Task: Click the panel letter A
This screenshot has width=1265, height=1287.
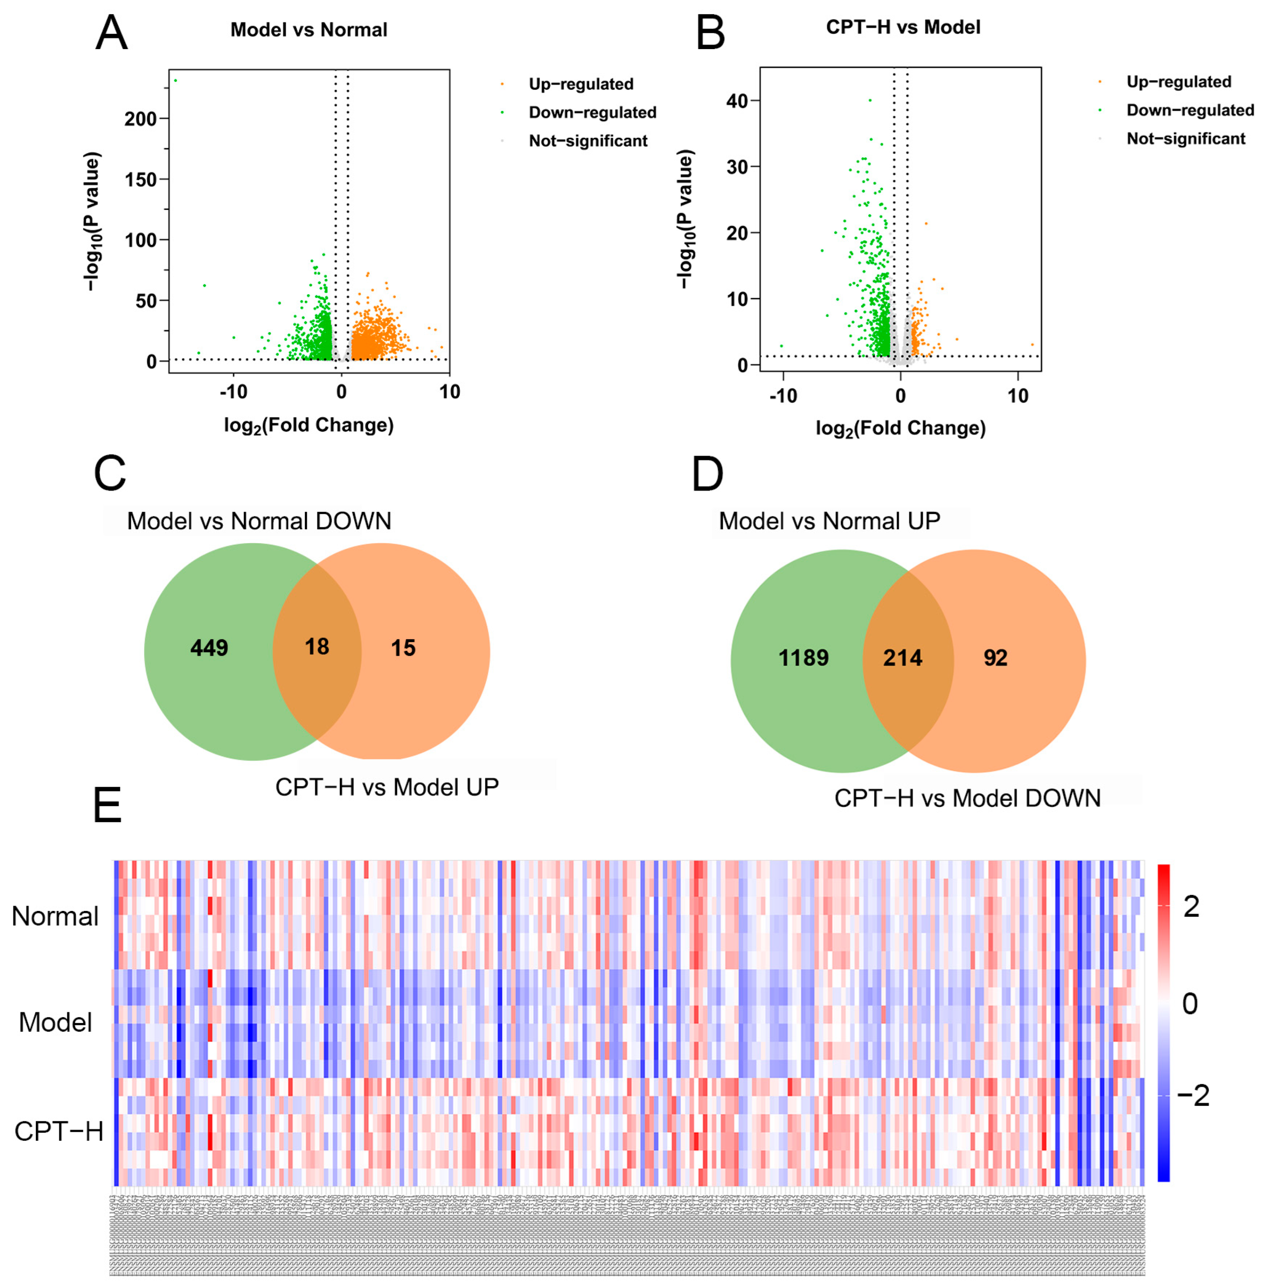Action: coord(111,33)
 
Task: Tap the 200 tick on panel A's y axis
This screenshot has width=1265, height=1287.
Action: coord(140,119)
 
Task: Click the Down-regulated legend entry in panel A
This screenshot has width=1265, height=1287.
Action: coord(592,112)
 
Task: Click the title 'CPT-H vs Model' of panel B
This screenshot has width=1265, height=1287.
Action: coord(903,27)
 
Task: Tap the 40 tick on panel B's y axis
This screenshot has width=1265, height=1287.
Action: coord(737,101)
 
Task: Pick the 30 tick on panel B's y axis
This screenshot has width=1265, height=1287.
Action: coord(737,167)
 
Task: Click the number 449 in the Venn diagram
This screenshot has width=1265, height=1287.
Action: coord(209,647)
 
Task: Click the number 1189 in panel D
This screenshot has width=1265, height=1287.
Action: coord(803,658)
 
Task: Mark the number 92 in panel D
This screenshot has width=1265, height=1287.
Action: coord(995,658)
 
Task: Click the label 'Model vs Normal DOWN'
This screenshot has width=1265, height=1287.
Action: coord(259,521)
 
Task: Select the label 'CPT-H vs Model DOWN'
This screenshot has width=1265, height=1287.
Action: coord(968,798)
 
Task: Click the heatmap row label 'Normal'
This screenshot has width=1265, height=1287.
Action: coord(55,916)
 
